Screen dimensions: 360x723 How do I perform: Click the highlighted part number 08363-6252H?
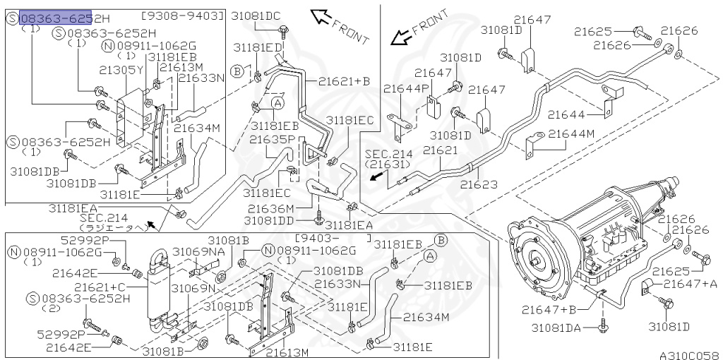[x=56, y=18]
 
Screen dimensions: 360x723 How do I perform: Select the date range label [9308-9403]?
[x=183, y=15]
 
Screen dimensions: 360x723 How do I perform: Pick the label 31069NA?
[x=198, y=251]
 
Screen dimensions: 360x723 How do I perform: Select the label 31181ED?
[x=258, y=47]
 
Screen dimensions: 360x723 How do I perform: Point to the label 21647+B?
[x=549, y=308]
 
